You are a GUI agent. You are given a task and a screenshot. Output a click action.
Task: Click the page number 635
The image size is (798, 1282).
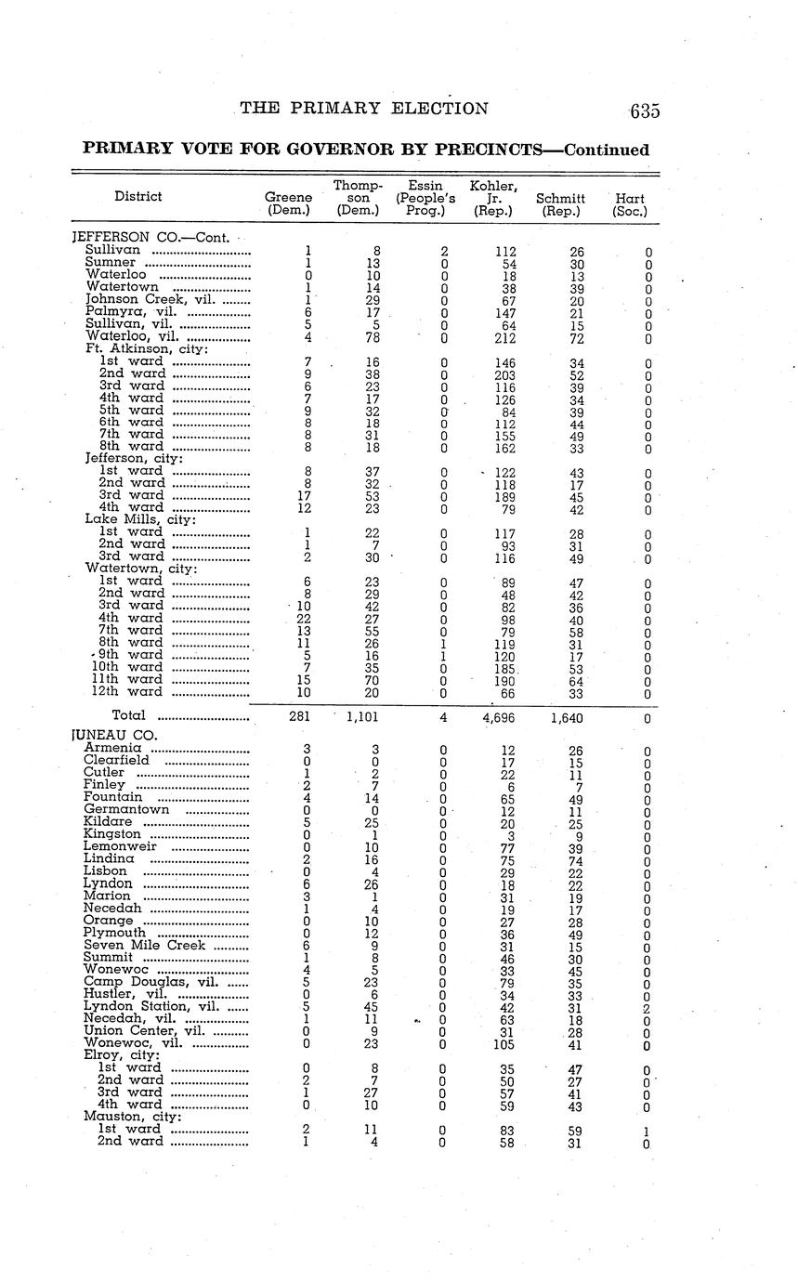pyautogui.click(x=644, y=111)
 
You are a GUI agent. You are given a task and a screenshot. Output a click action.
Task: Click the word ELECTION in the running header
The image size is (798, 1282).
pyautogui.click(x=439, y=109)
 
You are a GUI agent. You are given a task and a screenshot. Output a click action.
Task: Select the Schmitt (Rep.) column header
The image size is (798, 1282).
pyautogui.click(x=560, y=204)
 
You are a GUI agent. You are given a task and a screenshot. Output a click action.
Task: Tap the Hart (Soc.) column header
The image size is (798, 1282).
pyautogui.click(x=630, y=204)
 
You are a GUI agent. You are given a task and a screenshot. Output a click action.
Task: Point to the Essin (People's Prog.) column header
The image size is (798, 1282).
pyautogui.click(x=425, y=198)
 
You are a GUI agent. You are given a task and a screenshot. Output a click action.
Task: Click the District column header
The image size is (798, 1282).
pyautogui.click(x=137, y=196)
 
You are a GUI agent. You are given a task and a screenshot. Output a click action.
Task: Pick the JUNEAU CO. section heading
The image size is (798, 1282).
pyautogui.click(x=114, y=735)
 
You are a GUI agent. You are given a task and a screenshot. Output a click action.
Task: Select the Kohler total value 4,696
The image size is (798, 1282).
pyautogui.click(x=496, y=717)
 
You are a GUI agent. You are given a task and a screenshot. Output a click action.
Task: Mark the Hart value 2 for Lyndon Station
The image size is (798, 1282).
pyautogui.click(x=648, y=1007)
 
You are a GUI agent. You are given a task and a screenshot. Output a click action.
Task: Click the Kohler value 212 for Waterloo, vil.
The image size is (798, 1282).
pyautogui.click(x=506, y=337)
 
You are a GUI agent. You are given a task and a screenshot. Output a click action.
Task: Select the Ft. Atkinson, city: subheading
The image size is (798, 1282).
pyautogui.click(x=147, y=349)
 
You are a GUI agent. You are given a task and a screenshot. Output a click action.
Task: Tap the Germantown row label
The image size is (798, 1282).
pyautogui.click(x=126, y=810)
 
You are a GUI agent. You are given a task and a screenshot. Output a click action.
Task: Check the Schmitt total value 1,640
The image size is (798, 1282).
pyautogui.click(x=565, y=717)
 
